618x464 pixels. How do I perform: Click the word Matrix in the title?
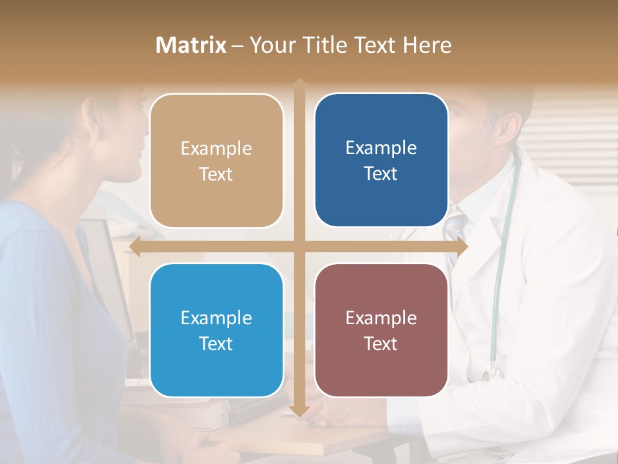(x=191, y=45)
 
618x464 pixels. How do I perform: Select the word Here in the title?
(x=427, y=45)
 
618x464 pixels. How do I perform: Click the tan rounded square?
(x=216, y=160)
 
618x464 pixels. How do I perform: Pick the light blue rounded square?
(x=216, y=330)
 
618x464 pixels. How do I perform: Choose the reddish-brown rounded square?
(x=381, y=330)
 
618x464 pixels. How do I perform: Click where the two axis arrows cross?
(x=299, y=246)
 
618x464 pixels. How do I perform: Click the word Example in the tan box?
(x=216, y=148)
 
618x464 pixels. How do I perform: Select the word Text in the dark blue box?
(x=381, y=173)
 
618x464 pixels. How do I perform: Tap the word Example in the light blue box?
(x=216, y=318)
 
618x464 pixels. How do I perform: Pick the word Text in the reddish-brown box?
(x=381, y=343)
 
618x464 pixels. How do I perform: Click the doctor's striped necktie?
(x=454, y=226)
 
